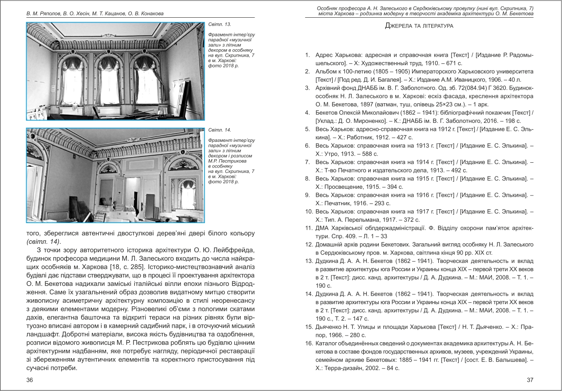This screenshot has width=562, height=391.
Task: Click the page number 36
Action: tap(30, 380)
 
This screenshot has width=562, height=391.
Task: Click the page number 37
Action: tap(529, 380)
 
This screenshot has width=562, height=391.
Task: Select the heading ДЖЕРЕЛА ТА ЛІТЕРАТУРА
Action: tap(419, 26)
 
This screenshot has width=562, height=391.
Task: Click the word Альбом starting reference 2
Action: tap(327, 71)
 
